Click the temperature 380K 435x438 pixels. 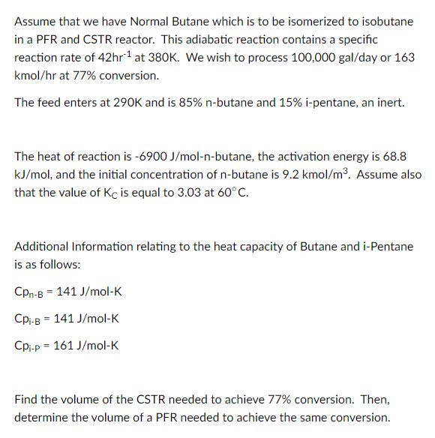coord(158,58)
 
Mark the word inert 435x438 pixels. coord(390,101)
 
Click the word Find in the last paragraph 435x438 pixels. coord(26,400)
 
